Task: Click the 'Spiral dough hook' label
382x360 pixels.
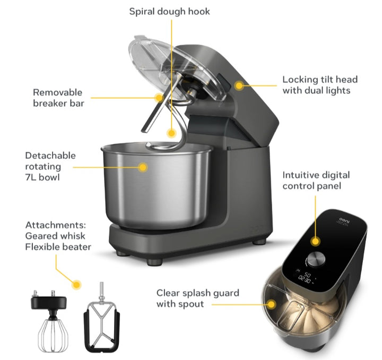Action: point(170,11)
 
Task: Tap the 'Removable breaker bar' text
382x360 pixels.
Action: point(58,98)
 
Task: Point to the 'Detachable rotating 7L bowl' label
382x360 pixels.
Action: point(50,166)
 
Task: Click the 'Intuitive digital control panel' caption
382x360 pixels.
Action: point(316,180)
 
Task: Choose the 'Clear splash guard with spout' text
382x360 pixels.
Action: point(197,298)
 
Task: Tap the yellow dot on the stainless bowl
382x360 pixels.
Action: point(142,167)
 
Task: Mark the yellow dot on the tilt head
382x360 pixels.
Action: point(240,84)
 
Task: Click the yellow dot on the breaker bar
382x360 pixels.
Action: point(158,97)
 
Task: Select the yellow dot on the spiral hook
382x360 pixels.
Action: point(170,133)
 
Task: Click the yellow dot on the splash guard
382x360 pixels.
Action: point(272,303)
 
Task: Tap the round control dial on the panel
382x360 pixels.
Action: point(316,259)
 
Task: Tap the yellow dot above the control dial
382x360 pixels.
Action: point(316,241)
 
